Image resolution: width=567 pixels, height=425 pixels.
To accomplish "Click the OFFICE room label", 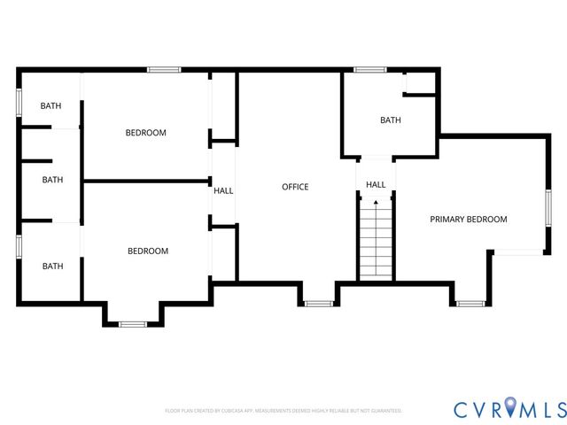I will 295,187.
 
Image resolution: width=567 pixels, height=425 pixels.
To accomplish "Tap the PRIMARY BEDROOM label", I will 468,219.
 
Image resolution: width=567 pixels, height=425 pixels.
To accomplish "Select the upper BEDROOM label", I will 145,133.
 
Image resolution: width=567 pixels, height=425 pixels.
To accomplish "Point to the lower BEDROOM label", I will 148,251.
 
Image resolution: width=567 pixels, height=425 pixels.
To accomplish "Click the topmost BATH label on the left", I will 51,106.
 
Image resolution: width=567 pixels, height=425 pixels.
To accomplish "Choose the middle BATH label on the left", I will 53,180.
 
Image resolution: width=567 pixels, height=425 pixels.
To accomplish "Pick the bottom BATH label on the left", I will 53,266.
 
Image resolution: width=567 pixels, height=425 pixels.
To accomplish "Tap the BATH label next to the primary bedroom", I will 391,120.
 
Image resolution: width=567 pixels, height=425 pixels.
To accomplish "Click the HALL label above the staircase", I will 376,185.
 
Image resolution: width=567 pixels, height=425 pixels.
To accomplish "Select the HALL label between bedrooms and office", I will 223,190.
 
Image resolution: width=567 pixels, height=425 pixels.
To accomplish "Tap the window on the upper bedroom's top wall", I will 164,69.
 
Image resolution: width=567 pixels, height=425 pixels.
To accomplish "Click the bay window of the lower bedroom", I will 134,324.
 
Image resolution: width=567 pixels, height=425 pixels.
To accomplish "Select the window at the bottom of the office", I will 318,304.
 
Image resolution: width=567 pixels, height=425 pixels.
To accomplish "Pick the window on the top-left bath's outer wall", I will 19,101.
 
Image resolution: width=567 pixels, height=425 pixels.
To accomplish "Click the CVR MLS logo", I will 509,408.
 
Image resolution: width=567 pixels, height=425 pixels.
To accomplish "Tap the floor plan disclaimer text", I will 283,411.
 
